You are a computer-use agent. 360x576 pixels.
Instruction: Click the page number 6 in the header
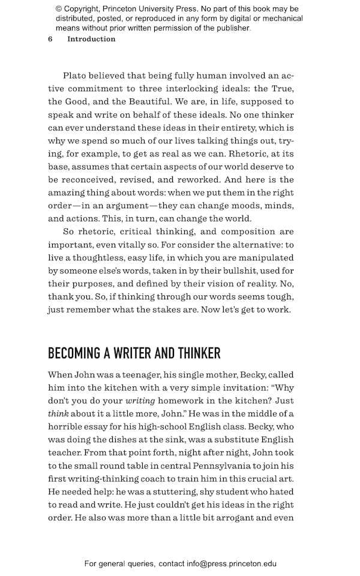(x=50, y=39)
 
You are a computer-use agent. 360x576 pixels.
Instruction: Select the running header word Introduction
(x=91, y=39)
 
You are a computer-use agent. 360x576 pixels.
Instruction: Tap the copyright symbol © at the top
(x=58, y=9)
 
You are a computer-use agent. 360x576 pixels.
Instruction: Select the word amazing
(x=68, y=193)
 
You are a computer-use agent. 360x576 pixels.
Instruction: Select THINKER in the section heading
(x=194, y=353)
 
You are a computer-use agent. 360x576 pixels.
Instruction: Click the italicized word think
(x=58, y=414)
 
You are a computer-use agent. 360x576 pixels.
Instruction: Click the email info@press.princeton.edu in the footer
(x=231, y=563)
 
